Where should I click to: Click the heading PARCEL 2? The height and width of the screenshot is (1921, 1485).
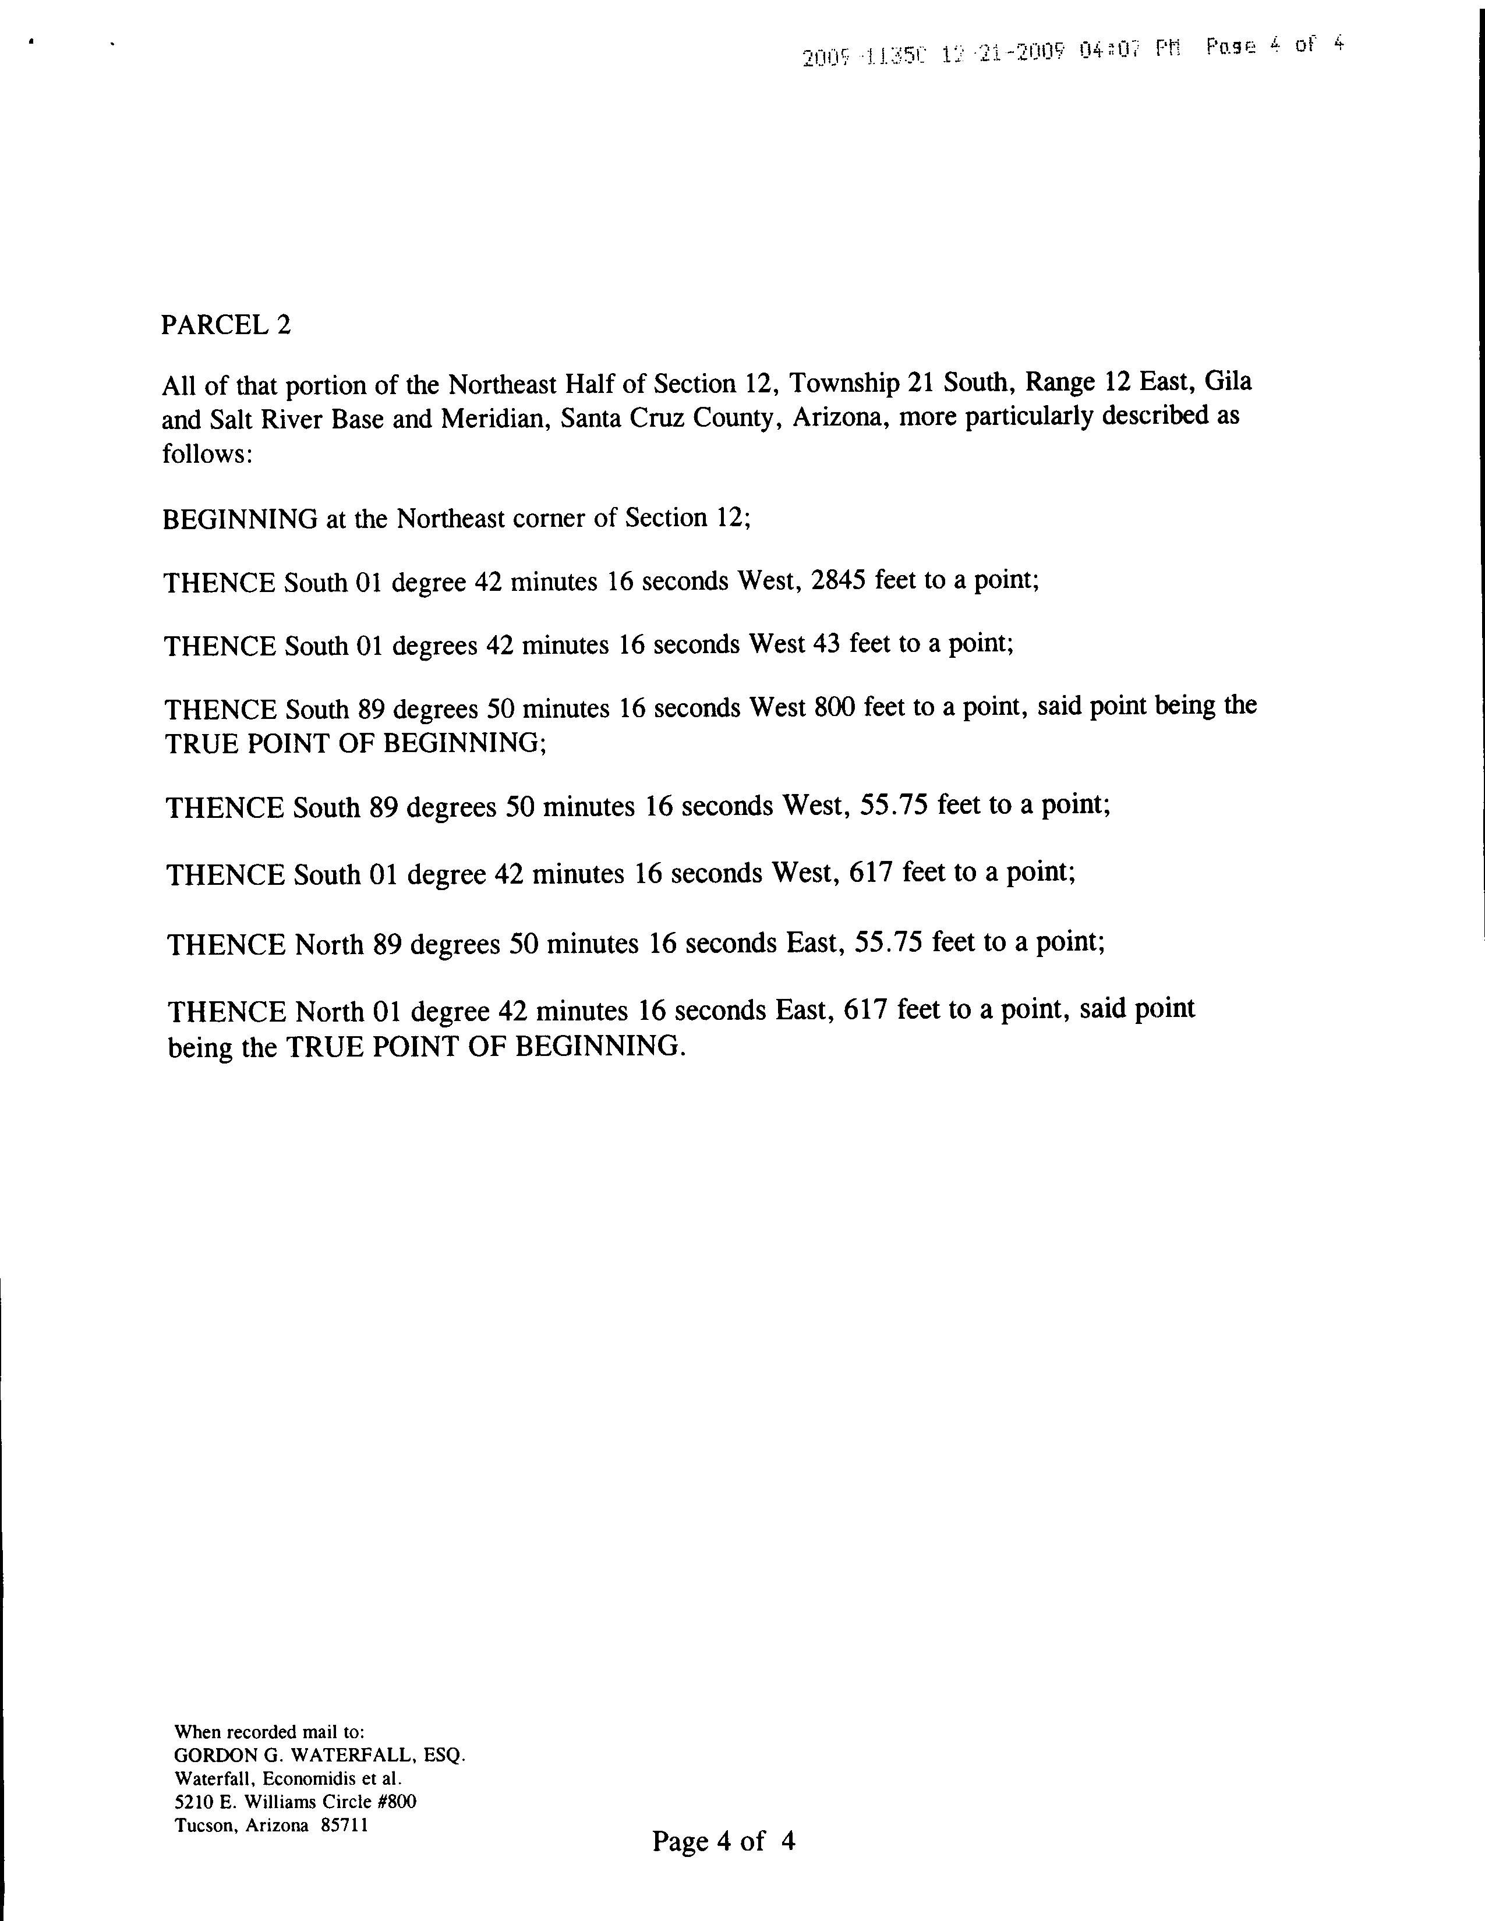click(x=225, y=325)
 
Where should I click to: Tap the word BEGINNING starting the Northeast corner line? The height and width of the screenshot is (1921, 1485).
click(x=239, y=519)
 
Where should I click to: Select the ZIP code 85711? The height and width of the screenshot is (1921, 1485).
click(x=344, y=1825)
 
